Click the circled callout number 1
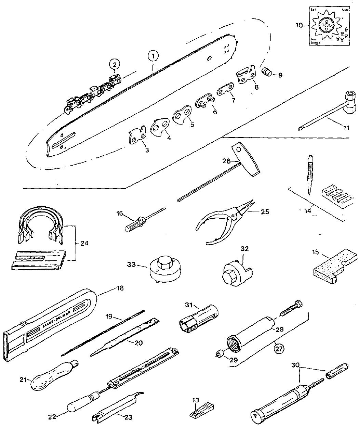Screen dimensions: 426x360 pyautogui.click(x=154, y=55)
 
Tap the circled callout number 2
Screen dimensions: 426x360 pyautogui.click(x=115, y=64)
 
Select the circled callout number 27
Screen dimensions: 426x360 pyautogui.click(x=279, y=348)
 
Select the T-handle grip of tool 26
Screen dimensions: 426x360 pyautogui.click(x=245, y=160)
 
